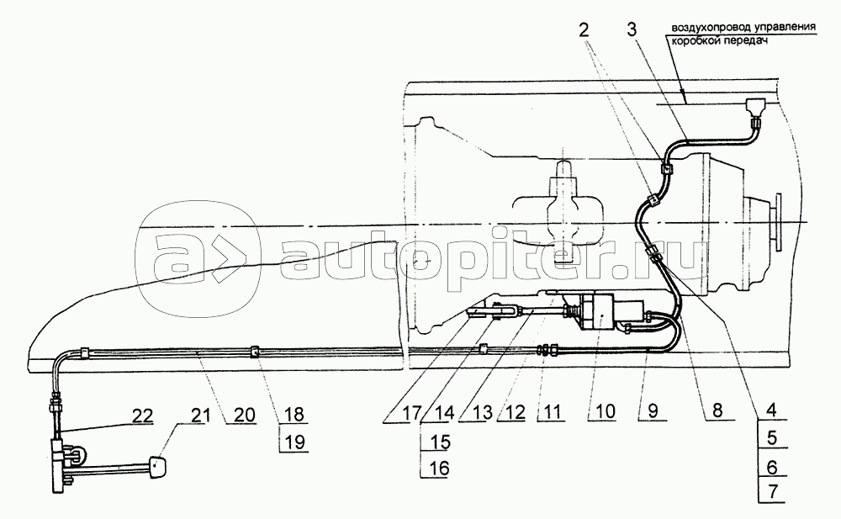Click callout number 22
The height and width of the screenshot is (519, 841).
[x=140, y=416]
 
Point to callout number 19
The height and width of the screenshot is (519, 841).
[x=294, y=442]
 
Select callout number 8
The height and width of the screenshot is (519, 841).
[x=717, y=410]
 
